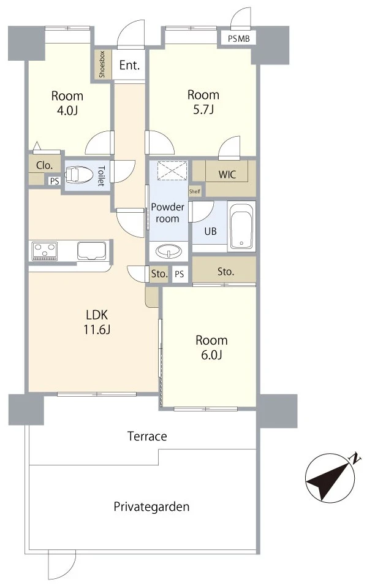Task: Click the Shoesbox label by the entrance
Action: [x=102, y=64]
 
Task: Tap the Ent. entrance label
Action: [x=129, y=65]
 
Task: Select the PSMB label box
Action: [x=238, y=38]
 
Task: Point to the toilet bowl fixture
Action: [x=78, y=175]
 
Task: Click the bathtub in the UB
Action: [x=241, y=225]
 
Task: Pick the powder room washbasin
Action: [x=169, y=251]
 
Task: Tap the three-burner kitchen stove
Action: [x=45, y=251]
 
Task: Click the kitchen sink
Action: [x=92, y=251]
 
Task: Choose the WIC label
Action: [x=227, y=174]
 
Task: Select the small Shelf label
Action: [x=195, y=192]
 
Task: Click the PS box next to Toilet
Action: [x=55, y=182]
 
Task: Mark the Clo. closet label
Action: [x=44, y=166]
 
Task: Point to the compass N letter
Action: [x=356, y=458]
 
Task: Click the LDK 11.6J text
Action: [x=97, y=322]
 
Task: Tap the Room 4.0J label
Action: [x=67, y=103]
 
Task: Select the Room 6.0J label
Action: [x=211, y=347]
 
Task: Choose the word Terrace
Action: [x=147, y=436]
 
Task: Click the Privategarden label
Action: [x=151, y=507]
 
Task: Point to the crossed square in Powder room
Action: [x=172, y=170]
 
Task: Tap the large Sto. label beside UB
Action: [x=225, y=272]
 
